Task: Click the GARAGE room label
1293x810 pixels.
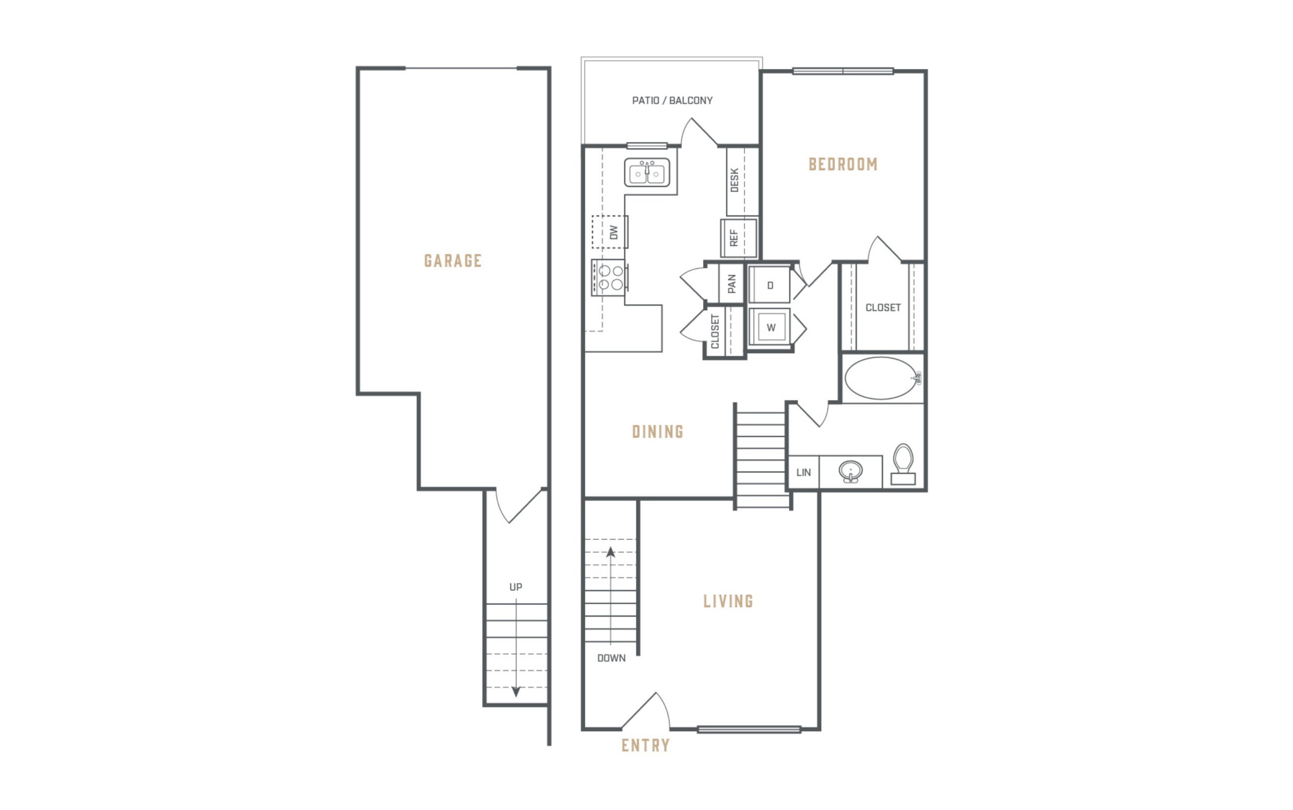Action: point(453,261)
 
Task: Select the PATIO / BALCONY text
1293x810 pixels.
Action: point(672,101)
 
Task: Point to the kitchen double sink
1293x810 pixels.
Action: point(647,173)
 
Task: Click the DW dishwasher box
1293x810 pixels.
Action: point(610,232)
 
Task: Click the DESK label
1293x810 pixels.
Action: point(734,181)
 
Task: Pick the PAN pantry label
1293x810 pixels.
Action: point(732,285)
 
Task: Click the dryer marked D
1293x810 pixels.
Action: point(770,285)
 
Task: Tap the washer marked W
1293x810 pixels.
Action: point(770,328)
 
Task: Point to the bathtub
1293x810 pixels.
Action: point(882,378)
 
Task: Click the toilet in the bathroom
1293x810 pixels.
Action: point(903,464)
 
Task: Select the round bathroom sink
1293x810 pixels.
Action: point(851,472)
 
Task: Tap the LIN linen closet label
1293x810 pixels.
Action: point(804,472)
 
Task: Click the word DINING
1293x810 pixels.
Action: point(658,432)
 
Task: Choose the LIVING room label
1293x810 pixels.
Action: point(728,601)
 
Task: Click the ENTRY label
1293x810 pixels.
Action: point(646,745)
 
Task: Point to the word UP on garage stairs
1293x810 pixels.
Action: point(516,587)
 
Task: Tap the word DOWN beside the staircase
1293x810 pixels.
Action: point(612,658)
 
